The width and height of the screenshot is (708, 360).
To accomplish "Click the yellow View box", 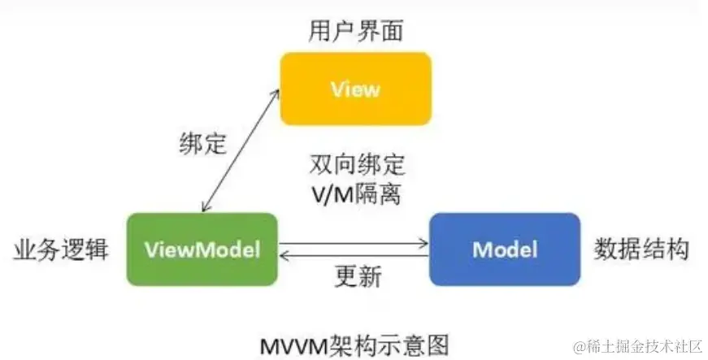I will (355, 89).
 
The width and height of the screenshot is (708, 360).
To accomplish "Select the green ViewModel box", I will (202, 249).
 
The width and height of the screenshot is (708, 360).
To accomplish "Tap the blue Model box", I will (504, 249).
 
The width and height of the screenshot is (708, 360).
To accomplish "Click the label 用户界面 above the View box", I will (356, 31).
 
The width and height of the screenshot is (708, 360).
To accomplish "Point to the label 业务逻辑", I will (61, 249).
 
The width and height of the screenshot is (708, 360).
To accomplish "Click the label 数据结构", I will (641, 249).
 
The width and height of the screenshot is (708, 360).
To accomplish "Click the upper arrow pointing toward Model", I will (354, 241).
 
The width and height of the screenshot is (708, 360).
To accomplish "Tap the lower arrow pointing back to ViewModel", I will (354, 256).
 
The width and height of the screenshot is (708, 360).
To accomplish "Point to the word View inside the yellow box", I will (355, 89).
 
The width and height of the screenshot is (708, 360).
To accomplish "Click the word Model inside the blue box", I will (504, 249).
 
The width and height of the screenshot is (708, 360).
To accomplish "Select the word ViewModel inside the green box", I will (202, 249).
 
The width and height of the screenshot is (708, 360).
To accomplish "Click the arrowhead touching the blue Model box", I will (423, 241).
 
